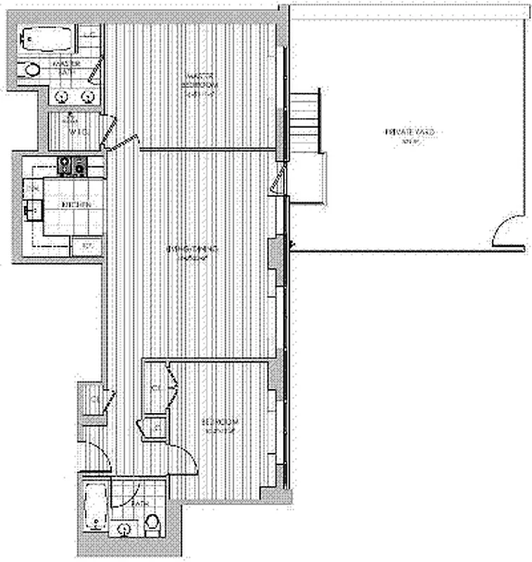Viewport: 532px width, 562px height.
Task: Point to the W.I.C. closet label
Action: pos(74,131)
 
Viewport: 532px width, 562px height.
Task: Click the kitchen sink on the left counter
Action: pos(30,209)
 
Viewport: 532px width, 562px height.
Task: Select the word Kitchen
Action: pos(77,204)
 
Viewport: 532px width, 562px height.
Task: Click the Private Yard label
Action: pos(401,133)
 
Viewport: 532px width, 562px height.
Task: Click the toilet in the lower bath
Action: pos(152,525)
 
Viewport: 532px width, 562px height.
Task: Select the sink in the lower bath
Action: pos(124,529)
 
